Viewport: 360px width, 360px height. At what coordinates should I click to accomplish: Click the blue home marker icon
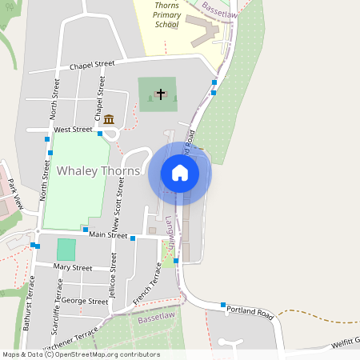(x=179, y=173)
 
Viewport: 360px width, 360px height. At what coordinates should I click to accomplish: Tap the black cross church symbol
(x=160, y=94)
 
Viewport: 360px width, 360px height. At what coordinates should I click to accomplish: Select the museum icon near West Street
(x=109, y=120)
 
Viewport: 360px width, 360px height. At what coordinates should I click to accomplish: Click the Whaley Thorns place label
(x=98, y=171)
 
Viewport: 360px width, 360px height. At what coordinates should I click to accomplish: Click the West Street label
(x=73, y=129)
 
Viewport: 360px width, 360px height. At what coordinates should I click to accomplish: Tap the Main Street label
(x=108, y=235)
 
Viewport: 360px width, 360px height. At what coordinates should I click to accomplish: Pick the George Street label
(x=85, y=302)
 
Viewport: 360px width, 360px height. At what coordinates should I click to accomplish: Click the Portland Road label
(x=251, y=310)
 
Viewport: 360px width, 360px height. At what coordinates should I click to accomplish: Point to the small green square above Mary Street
(x=66, y=249)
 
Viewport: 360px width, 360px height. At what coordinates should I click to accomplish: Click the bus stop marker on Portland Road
(x=223, y=305)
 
